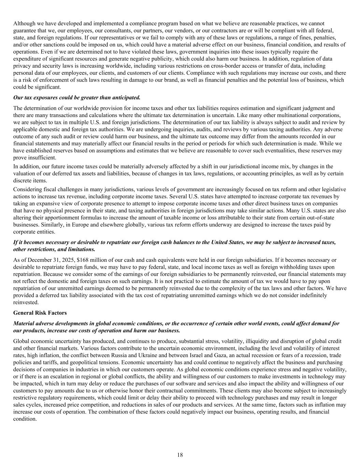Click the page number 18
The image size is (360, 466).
(x=180, y=455)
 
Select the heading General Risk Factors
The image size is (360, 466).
(x=40, y=313)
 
